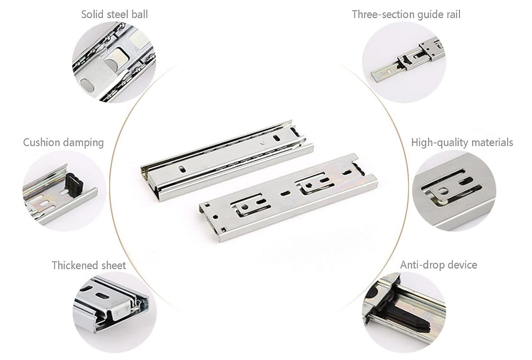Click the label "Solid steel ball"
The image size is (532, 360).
(114, 14)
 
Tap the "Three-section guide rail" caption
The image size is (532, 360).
(406, 15)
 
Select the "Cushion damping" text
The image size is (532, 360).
(63, 142)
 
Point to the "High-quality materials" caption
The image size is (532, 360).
(462, 142)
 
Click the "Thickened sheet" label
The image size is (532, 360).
(89, 265)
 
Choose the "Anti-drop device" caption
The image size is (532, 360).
(438, 265)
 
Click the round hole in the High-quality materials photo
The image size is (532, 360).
(442, 191)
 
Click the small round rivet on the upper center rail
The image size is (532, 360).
(263, 143)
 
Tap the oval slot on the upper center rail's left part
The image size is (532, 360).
(183, 169)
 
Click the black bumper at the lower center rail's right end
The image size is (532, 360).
(358, 169)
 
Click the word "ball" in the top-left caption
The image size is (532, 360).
(140, 14)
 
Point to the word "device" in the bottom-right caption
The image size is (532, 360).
(463, 265)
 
